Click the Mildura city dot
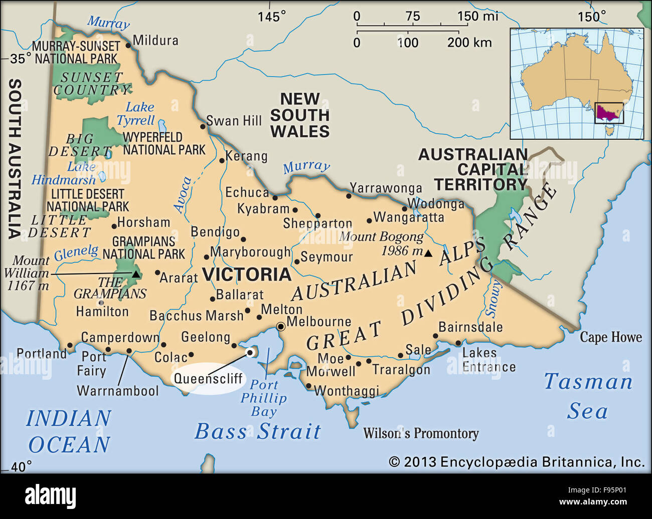coord(128,45)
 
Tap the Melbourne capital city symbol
coord(281,327)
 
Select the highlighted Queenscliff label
coord(208,379)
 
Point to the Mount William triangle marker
coord(135,274)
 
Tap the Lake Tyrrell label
coord(137,114)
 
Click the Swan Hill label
coord(234,121)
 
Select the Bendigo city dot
coord(243,239)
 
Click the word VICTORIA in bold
coord(246,275)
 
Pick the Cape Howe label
coord(610,337)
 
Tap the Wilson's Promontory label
coord(420,433)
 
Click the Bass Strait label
coord(257,431)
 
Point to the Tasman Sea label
coord(588,396)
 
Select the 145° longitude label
coord(271,17)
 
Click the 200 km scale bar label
coord(469,43)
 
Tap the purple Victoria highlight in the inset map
coord(608,112)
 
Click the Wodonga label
coord(436,204)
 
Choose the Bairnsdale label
coord(470,327)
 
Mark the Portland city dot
coord(70,345)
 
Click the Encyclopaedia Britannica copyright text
coord(517,462)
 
